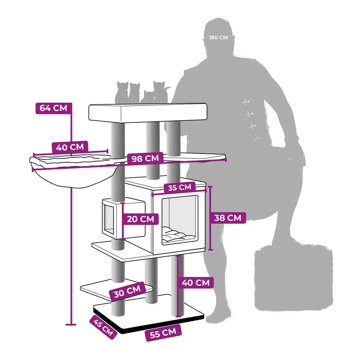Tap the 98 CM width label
pyautogui.click(x=145, y=158)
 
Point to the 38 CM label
pyautogui.click(x=228, y=218)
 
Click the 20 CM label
pyautogui.click(x=140, y=219)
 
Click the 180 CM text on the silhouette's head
pyautogui.click(x=218, y=38)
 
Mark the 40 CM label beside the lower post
pyautogui.click(x=196, y=283)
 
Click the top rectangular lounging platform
pyautogui.click(x=148, y=112)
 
